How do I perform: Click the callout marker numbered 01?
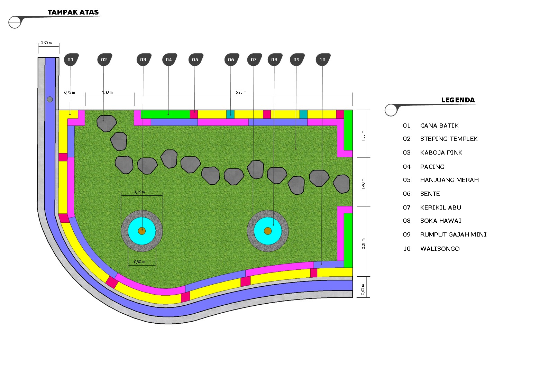[71, 59]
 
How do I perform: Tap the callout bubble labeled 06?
[232, 59]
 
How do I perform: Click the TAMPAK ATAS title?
[73, 12]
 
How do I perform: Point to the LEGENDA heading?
[458, 100]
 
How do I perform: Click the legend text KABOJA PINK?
[441, 153]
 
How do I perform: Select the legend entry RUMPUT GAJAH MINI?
[453, 234]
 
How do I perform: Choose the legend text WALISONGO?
[440, 249]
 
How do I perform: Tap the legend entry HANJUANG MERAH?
[449, 180]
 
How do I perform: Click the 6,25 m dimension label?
[241, 92]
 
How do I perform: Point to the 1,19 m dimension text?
[139, 192]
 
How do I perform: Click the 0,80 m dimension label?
[139, 262]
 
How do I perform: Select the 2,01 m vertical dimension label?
[363, 244]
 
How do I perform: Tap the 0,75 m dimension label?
[70, 92]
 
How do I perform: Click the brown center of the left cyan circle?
[142, 231]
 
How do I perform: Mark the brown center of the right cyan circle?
[268, 231]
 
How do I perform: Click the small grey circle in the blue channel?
[50, 99]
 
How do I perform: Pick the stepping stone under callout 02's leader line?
[107, 123]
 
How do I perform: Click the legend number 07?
[406, 207]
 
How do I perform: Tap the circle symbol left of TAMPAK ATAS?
[15, 22]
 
